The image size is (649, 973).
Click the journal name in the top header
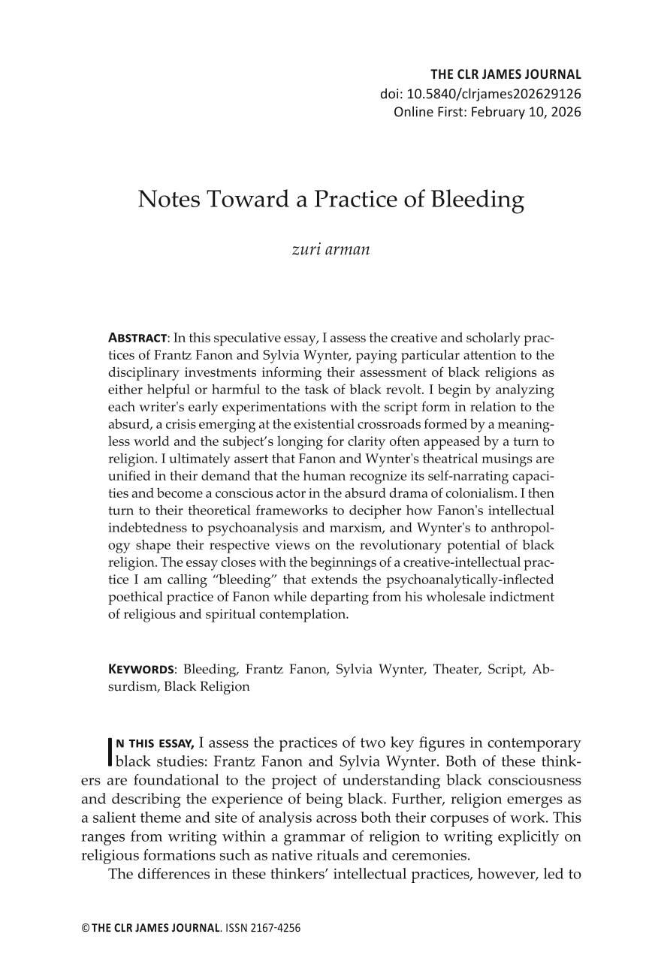coord(506,74)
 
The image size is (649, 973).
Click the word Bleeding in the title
coord(478,200)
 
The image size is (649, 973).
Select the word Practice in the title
coord(362,200)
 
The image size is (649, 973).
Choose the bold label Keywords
coord(142,670)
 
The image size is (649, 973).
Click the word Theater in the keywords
coord(457,670)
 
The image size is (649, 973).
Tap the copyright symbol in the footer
coord(85,929)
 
